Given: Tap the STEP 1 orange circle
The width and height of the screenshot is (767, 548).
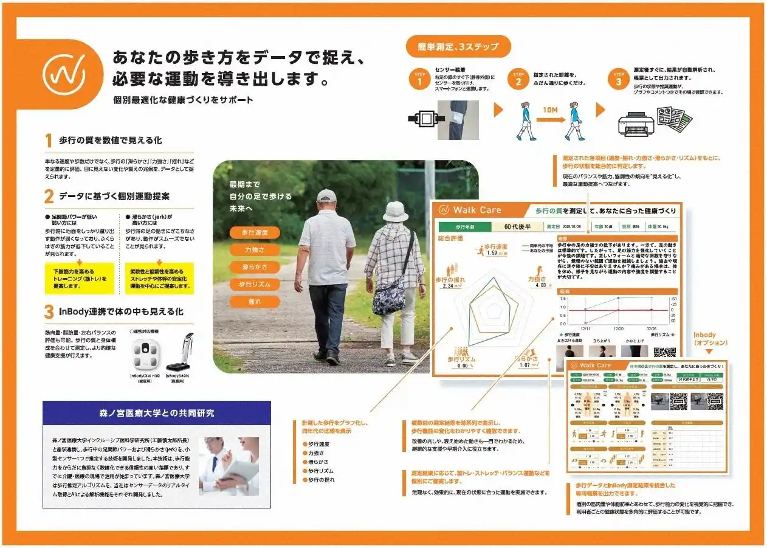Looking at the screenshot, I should (x=419, y=80).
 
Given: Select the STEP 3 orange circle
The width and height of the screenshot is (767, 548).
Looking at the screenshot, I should (x=618, y=80).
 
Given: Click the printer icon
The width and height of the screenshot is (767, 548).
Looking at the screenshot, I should (x=636, y=122).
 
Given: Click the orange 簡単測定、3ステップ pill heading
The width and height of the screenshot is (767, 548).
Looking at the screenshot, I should (x=458, y=46).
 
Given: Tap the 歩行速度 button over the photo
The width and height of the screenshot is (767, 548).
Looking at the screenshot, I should (x=254, y=232).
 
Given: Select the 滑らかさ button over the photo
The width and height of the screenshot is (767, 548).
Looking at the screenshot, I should (x=254, y=267).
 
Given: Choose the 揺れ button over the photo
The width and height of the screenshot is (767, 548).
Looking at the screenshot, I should (x=254, y=302).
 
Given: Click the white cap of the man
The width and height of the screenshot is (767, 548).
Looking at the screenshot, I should (x=326, y=195).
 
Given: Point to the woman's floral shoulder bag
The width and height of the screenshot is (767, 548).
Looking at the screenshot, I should (x=389, y=298).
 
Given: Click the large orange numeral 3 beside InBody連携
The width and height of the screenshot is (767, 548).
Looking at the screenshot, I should (x=49, y=312).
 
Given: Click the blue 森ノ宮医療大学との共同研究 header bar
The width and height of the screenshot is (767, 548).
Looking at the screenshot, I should (x=157, y=413).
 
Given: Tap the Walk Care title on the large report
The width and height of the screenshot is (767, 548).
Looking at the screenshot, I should (x=478, y=210).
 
